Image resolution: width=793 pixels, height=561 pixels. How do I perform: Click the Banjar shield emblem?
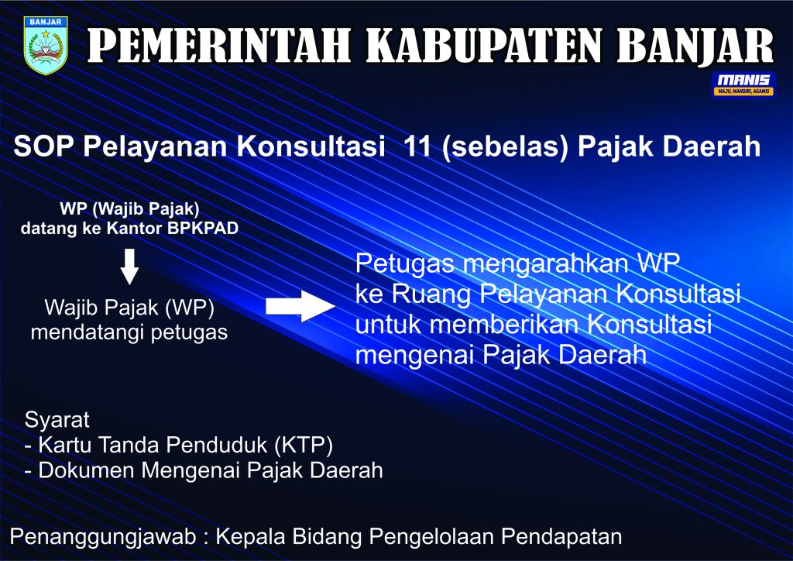pyautogui.click(x=46, y=46)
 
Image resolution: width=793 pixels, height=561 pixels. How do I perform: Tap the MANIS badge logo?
pyautogui.click(x=743, y=84)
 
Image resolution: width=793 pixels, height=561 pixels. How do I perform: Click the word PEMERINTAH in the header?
pyautogui.click(x=219, y=45)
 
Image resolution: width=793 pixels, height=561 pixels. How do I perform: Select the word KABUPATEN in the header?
pyautogui.click(x=484, y=45)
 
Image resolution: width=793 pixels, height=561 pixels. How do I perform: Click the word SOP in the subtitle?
pyautogui.click(x=43, y=146)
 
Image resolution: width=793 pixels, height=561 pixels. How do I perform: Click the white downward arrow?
pyautogui.click(x=129, y=266)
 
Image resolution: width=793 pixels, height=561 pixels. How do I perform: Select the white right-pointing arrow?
pyautogui.click(x=300, y=306)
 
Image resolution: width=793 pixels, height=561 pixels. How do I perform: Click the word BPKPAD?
pyautogui.click(x=203, y=228)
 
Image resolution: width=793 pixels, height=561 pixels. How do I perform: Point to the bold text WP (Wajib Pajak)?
pyautogui.click(x=129, y=208)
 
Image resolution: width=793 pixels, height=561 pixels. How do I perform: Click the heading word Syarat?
pyautogui.click(x=57, y=420)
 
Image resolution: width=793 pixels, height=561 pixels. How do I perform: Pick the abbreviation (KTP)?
pyautogui.click(x=304, y=445)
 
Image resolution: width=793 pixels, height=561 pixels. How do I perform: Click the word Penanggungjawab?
pyautogui.click(x=103, y=537)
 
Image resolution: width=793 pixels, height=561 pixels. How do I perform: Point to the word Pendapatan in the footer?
pyautogui.click(x=561, y=537)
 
